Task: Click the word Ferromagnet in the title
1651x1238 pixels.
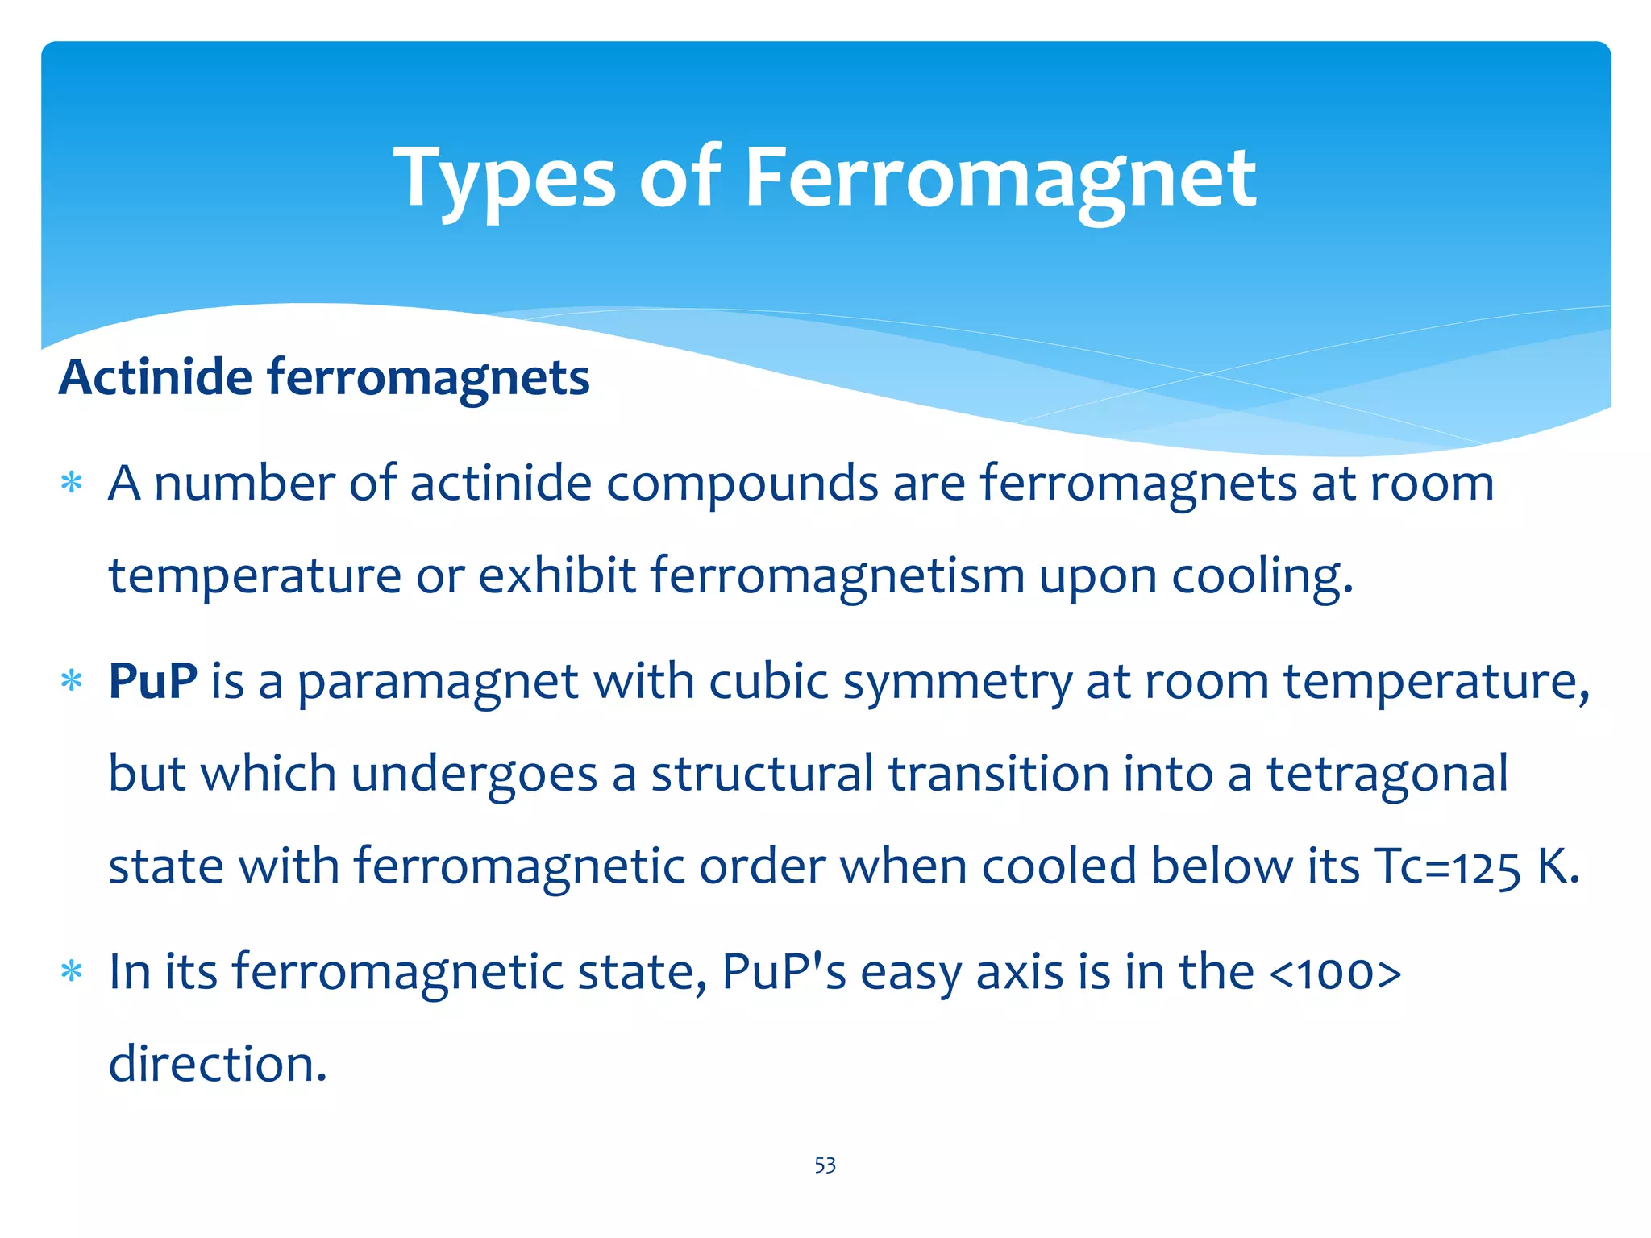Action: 1000,179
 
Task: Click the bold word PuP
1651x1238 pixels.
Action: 153,682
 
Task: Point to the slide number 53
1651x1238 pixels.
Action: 825,1165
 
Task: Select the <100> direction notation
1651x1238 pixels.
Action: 1335,973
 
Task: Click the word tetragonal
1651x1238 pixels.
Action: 1387,774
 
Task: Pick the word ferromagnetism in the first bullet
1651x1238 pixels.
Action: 838,576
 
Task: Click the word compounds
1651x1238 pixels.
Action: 742,484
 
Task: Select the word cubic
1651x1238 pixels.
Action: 768,682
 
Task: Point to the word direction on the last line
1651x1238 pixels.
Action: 218,1064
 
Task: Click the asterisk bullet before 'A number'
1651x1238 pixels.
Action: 73,484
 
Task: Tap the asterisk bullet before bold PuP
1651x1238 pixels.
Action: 73,682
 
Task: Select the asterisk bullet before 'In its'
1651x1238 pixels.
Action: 73,972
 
